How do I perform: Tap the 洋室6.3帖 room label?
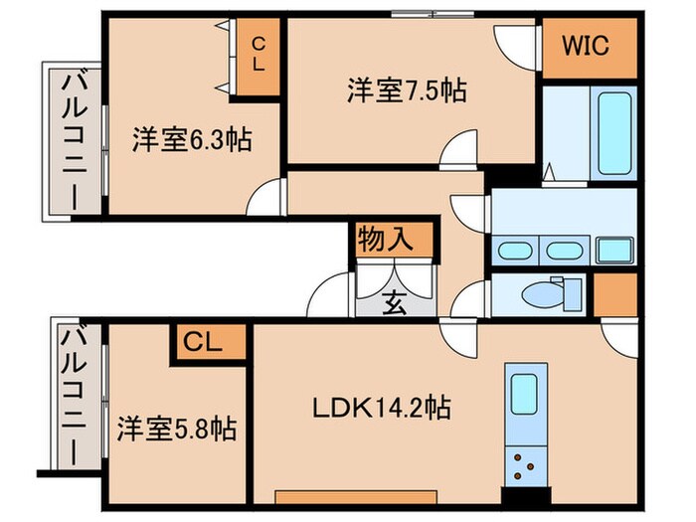click(x=192, y=139)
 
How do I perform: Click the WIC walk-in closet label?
click(x=588, y=47)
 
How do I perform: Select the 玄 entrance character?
click(x=395, y=304)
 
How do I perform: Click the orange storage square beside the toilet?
click(x=616, y=294)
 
